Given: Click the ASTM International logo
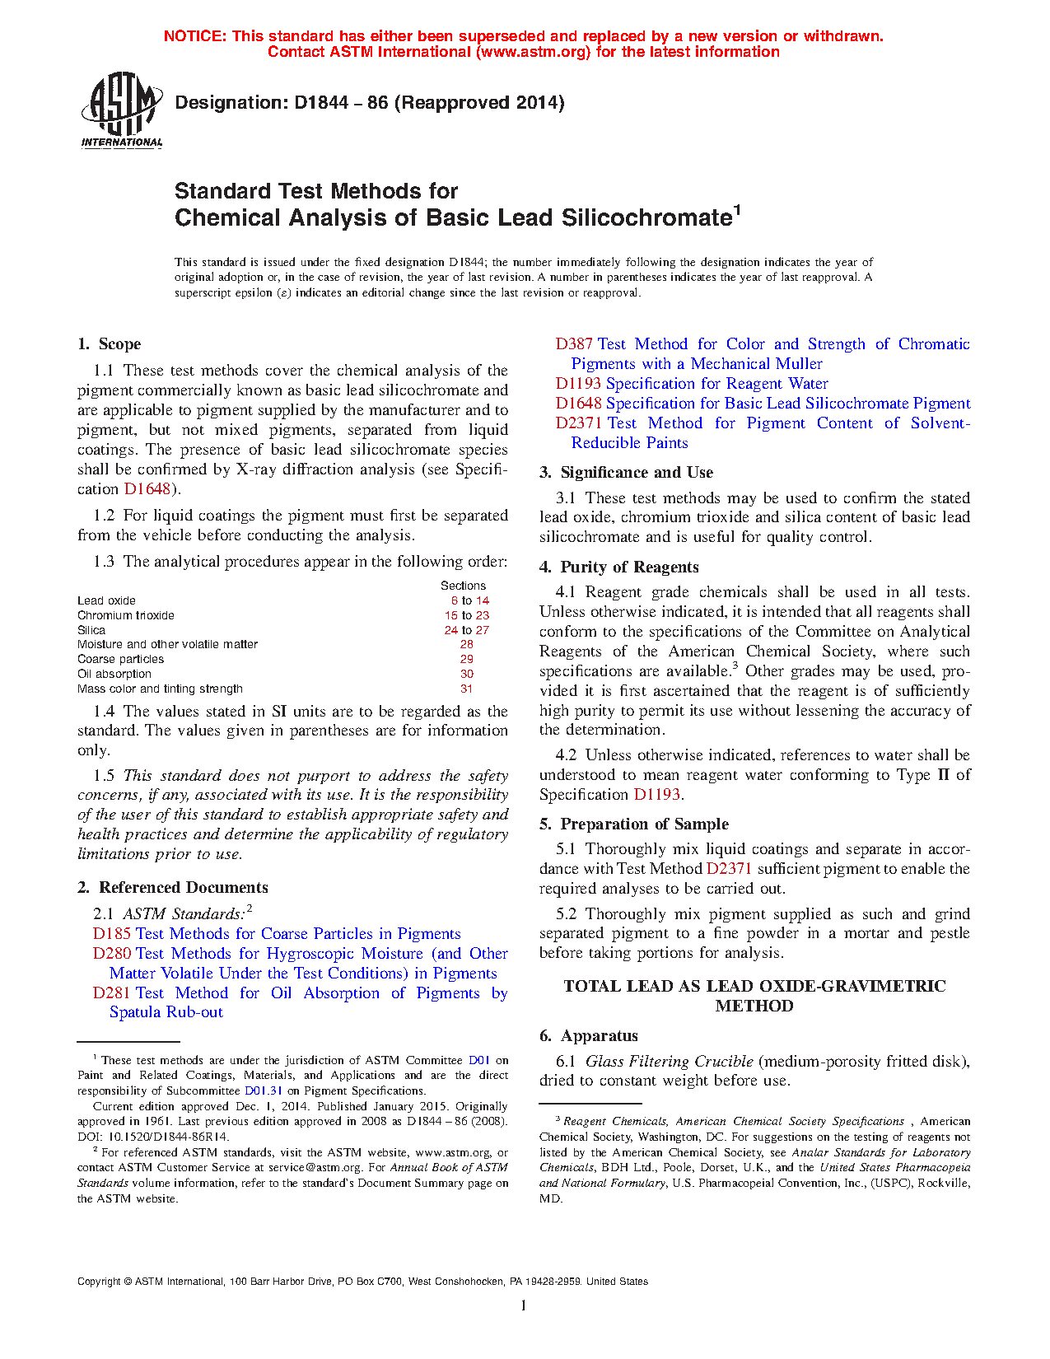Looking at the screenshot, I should click(x=121, y=110).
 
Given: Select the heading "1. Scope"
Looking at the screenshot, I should click(x=109, y=344).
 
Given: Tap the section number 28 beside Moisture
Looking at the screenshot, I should click(x=467, y=645).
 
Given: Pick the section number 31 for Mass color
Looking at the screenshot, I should click(x=467, y=689).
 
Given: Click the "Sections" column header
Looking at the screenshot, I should click(x=463, y=586).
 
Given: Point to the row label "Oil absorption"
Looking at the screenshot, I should click(x=114, y=675).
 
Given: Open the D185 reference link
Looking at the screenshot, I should click(x=112, y=934).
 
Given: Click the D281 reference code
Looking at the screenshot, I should click(x=112, y=993).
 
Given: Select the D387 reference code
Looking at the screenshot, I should click(x=574, y=344).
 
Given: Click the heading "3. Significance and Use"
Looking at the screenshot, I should click(x=626, y=473).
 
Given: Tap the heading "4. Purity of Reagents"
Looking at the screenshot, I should click(x=618, y=567).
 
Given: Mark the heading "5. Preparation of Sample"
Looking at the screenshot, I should click(x=633, y=824).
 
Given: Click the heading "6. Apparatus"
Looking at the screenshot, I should click(x=589, y=1036).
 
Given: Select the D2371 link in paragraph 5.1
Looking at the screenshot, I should click(x=729, y=869).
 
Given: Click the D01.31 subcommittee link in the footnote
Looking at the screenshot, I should click(x=264, y=1091).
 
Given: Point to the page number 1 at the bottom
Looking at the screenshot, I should click(x=524, y=1305).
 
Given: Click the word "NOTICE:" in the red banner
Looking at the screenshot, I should click(x=195, y=36).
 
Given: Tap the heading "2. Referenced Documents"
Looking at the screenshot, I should click(x=173, y=888).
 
